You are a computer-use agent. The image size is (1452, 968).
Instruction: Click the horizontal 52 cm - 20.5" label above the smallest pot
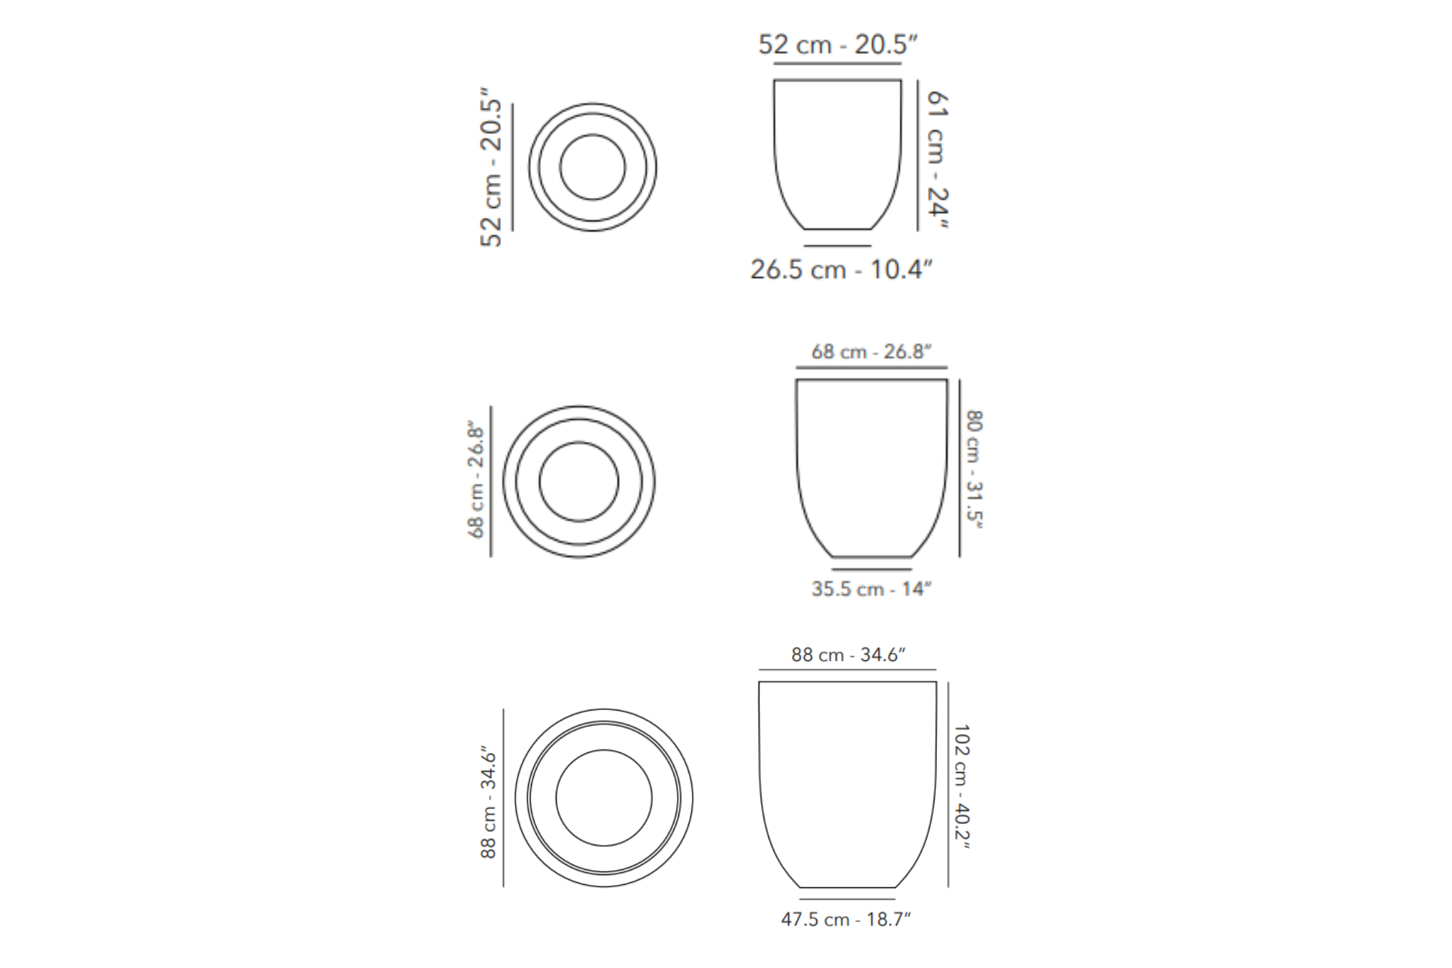pos(838,44)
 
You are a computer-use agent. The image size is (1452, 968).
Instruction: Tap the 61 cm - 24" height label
pos(937,160)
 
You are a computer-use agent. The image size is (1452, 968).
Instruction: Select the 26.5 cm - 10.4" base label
pos(842,269)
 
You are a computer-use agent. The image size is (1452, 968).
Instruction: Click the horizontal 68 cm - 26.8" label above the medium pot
pos(871,352)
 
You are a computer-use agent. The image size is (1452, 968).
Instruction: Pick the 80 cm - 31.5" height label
pos(974,469)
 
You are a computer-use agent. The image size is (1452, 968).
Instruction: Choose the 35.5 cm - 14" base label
pos(871,589)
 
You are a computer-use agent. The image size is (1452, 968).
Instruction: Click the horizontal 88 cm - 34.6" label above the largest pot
pos(849,655)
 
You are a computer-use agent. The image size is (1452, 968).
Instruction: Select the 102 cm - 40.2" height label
pos(961,786)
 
